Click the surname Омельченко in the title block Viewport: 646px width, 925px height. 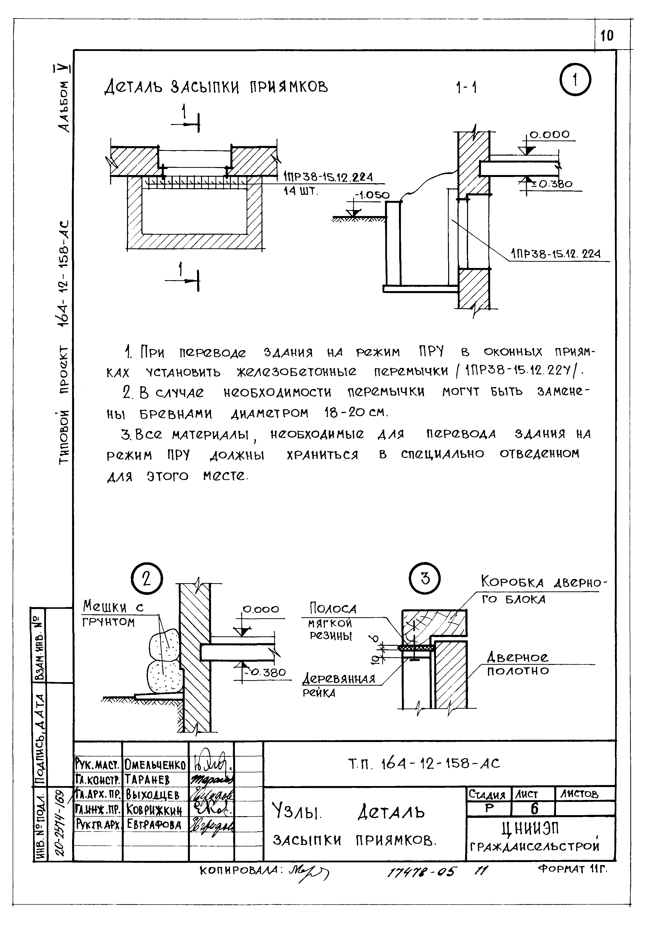155,764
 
